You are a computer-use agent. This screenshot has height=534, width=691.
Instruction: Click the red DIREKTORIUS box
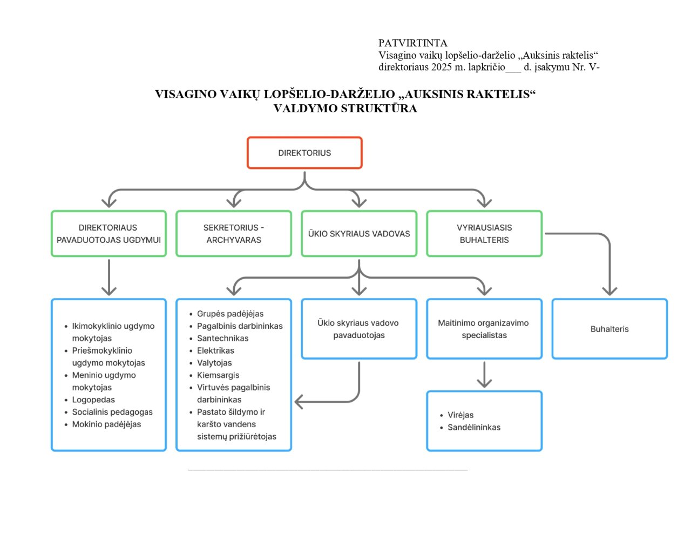pos(304,153)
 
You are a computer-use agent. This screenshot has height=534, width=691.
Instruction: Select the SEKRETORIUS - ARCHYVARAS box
pos(234,234)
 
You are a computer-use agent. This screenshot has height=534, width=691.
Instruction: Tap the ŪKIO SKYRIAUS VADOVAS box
pos(359,234)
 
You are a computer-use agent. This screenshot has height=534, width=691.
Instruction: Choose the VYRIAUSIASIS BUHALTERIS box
pos(484,234)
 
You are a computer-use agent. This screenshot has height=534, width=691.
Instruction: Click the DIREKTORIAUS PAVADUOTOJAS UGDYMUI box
pos(109,234)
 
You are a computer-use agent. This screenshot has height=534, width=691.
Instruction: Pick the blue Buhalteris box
pos(609,329)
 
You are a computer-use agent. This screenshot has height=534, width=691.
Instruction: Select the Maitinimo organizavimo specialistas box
pos(484,329)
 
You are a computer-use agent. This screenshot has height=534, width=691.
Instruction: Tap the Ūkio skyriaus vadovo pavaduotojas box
pos(358,329)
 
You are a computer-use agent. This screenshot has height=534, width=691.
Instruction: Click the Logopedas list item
pos(93,400)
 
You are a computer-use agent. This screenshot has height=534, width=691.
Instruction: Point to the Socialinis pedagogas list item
pos(112,412)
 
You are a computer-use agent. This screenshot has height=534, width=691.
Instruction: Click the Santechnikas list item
pos(222,338)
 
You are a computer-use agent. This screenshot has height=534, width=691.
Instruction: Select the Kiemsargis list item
pos(218,375)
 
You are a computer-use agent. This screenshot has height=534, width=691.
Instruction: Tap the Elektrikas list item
pos(215,350)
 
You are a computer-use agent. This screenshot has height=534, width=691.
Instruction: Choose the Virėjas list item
pos(460,415)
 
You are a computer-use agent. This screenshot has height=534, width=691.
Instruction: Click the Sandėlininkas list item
pos(473,427)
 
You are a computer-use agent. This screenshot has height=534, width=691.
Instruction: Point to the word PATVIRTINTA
pos(413,43)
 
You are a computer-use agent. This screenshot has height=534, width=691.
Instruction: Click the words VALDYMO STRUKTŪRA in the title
pos(345,109)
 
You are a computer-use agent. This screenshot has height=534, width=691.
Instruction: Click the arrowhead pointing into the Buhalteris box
pos(609,290)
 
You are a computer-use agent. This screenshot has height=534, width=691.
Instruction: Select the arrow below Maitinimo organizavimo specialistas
pos(484,376)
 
